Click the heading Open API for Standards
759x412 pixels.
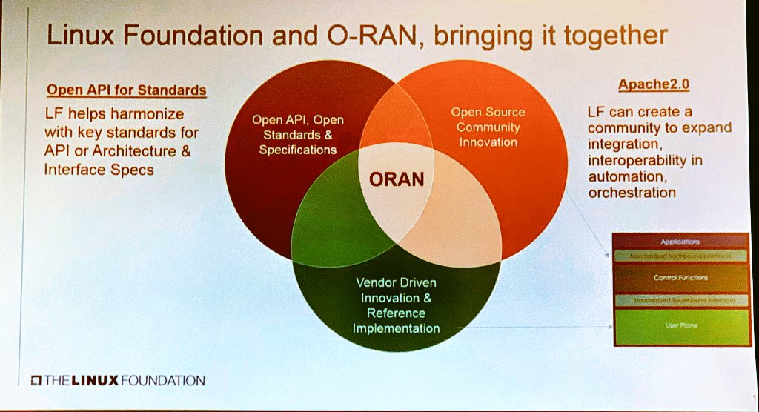(126, 90)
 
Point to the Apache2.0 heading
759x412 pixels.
(653, 84)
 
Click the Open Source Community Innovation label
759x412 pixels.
(488, 127)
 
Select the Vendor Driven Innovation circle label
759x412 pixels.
(396, 305)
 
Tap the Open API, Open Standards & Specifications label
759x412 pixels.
(297, 135)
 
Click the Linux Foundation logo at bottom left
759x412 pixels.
(118, 380)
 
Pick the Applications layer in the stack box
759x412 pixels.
(680, 242)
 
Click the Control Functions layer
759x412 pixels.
(680, 278)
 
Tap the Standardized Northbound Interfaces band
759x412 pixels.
(680, 256)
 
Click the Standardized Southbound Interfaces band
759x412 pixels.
(680, 300)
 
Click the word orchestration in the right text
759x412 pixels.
(632, 193)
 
